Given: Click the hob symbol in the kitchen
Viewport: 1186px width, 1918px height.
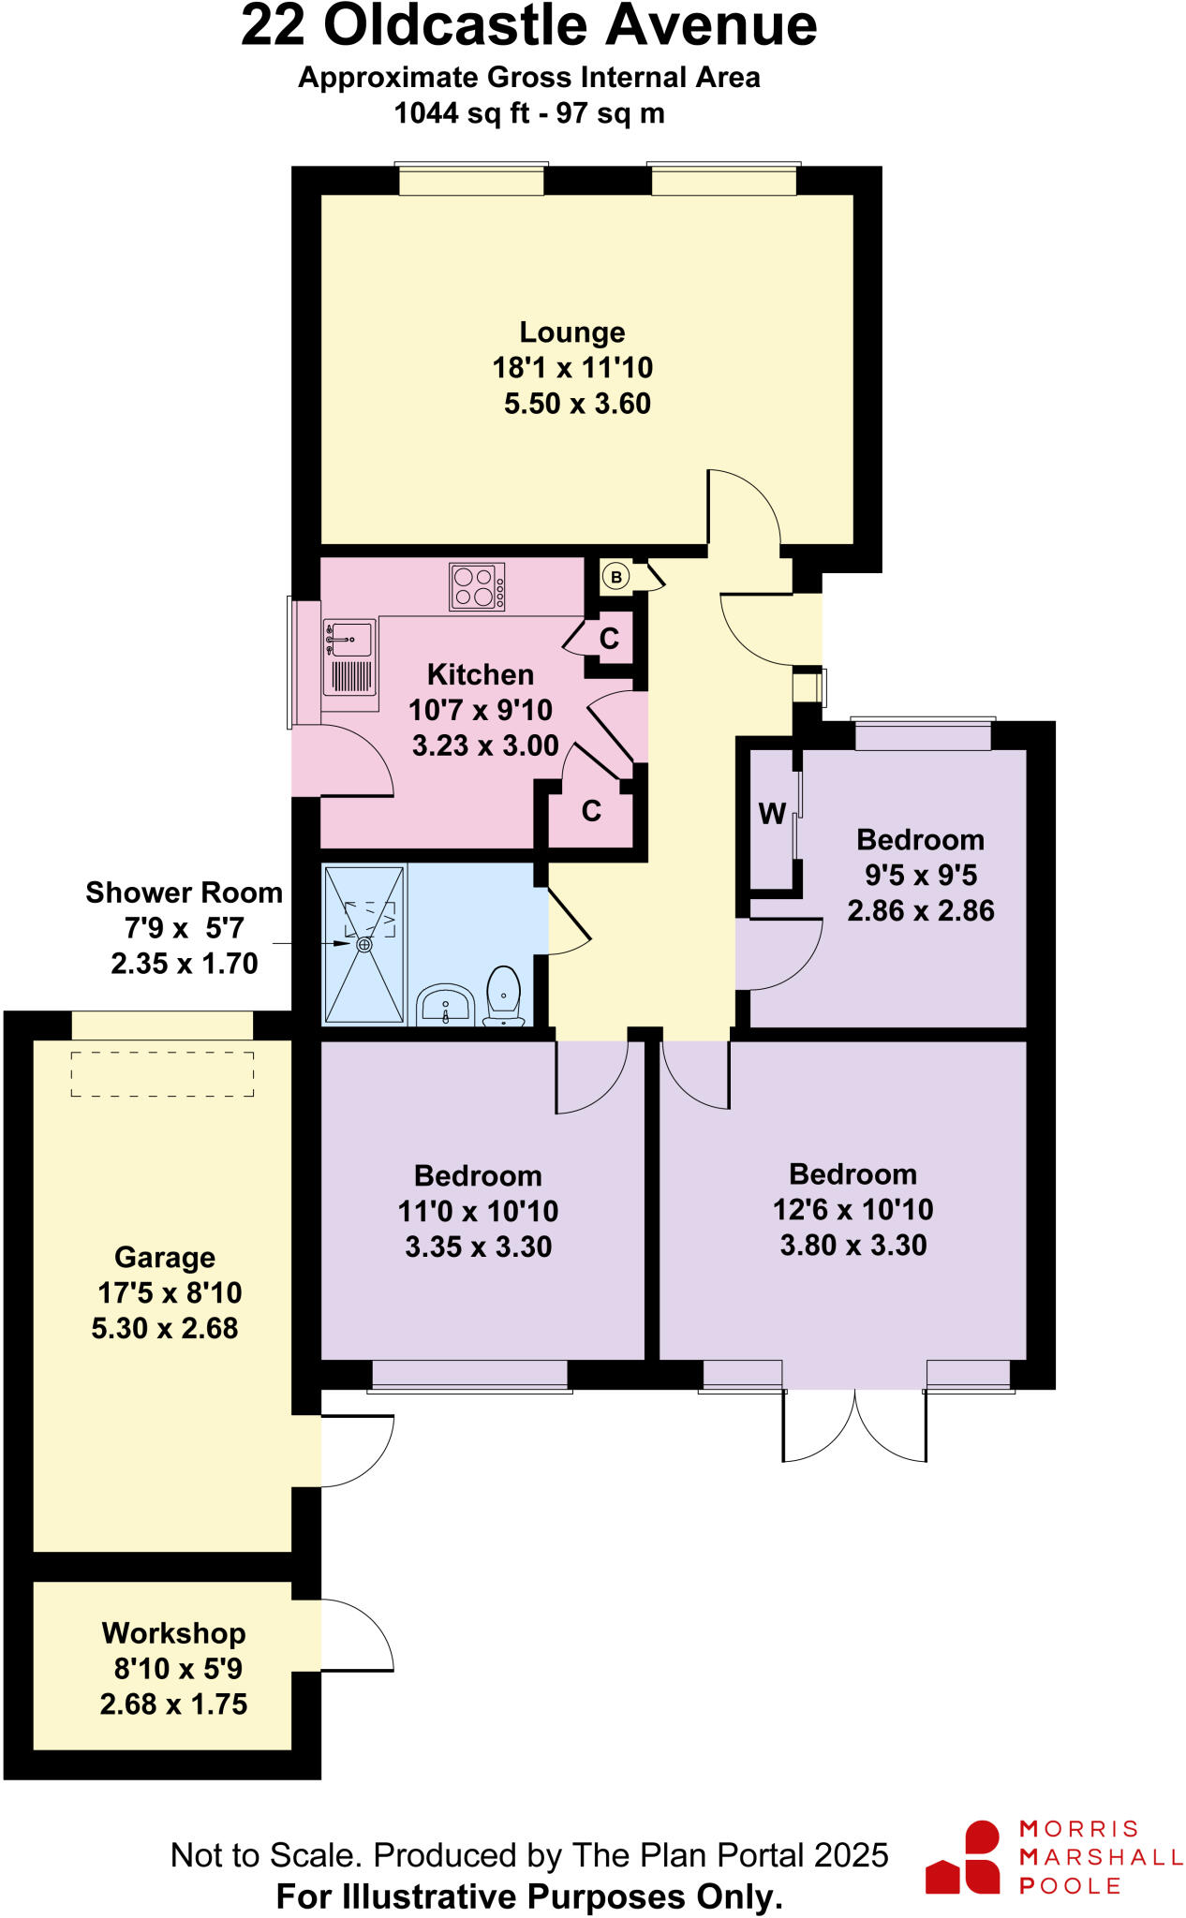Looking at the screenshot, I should tap(477, 586).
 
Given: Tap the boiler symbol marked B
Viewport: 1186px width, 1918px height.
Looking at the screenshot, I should tap(615, 577).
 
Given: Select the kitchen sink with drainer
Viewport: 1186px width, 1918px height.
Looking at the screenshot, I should tap(349, 657).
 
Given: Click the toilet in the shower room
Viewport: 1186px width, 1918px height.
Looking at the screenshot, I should tap(504, 996).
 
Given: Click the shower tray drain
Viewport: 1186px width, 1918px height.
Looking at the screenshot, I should tap(364, 945).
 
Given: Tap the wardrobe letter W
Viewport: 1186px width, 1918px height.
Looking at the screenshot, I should tap(772, 814).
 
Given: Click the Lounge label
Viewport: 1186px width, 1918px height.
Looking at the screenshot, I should tap(571, 332).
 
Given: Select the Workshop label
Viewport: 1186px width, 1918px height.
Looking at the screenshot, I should tap(173, 1633).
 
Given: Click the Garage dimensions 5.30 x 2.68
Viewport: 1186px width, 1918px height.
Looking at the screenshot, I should tap(165, 1328).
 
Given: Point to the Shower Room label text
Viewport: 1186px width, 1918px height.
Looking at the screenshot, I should tap(184, 893).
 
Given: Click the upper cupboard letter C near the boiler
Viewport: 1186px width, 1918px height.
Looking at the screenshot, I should tap(609, 639).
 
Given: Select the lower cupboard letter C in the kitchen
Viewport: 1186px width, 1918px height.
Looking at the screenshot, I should tap(591, 811).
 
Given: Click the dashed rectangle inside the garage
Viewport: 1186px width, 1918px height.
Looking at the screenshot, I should tap(162, 1073).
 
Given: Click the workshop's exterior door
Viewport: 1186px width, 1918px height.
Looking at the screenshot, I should tap(356, 1635).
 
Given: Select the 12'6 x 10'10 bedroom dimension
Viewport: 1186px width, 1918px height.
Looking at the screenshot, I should tap(852, 1210).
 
